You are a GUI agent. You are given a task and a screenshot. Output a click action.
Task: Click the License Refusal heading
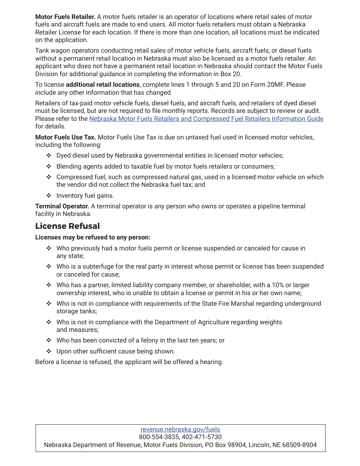[67, 226]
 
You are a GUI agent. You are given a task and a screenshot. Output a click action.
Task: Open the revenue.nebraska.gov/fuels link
[180, 429]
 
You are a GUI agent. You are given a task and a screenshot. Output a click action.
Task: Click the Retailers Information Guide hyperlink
[206, 119]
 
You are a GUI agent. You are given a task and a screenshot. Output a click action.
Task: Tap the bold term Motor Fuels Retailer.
[65, 17]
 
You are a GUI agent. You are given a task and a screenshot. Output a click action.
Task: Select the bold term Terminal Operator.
[62, 206]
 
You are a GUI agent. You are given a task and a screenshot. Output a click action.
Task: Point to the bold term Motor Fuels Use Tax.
[66, 137]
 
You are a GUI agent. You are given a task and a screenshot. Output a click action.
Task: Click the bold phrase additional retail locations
[103, 84]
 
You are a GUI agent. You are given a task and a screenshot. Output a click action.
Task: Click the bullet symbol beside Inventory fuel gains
[49, 195]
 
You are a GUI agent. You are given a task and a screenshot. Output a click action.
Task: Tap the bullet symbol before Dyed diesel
[49, 155]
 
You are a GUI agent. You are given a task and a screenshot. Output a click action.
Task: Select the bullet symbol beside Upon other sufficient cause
[49, 351]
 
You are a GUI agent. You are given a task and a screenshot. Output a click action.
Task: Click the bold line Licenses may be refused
[93, 237]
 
